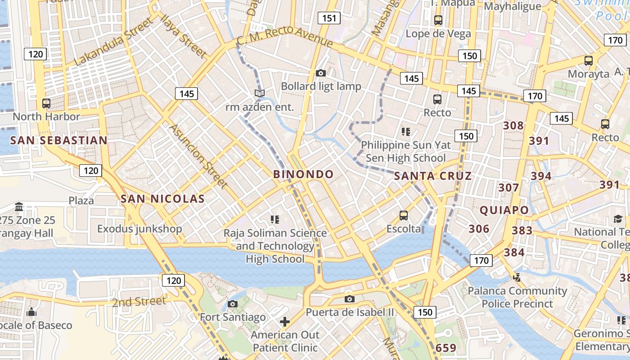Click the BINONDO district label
[304, 174]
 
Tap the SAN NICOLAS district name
[163, 198]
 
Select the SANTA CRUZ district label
[433, 176]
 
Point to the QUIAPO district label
[504, 210]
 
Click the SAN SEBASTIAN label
[59, 140]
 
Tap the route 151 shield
[329, 18]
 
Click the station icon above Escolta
[404, 216]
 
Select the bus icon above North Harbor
[46, 103]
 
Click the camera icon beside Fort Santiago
[233, 304]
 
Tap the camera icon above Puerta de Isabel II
[349, 299]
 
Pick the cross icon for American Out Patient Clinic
[284, 322]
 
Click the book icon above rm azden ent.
[259, 93]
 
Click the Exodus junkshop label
[139, 229]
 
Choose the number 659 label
[446, 348]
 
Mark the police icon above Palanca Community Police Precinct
[517, 278]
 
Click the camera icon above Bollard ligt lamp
[321, 73]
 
